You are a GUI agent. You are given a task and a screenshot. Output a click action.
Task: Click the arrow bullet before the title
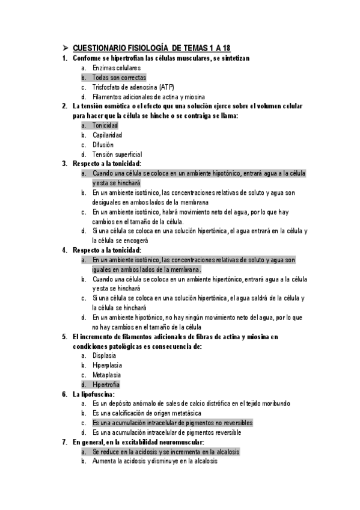click(x=66, y=49)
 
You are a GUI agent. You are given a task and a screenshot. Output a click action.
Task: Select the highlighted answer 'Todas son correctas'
click(x=119, y=78)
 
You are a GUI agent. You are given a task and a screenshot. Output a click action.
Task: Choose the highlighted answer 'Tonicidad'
click(x=105, y=125)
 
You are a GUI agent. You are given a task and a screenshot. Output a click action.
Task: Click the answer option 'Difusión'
click(x=103, y=144)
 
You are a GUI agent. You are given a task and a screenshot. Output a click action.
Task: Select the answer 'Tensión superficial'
click(x=117, y=154)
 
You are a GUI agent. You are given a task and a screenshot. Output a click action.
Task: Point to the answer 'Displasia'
click(x=104, y=355)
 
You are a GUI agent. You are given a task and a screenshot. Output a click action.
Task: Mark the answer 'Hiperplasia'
click(x=107, y=365)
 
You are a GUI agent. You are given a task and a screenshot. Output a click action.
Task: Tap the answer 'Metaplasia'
click(x=106, y=375)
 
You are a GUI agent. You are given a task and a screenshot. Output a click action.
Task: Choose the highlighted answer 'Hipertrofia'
click(x=106, y=384)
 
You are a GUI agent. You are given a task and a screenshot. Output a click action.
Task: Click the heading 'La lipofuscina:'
click(x=93, y=394)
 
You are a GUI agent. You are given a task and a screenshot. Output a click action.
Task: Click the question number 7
click(x=65, y=442)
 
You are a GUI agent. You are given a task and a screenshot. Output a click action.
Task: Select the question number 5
click(x=65, y=337)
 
